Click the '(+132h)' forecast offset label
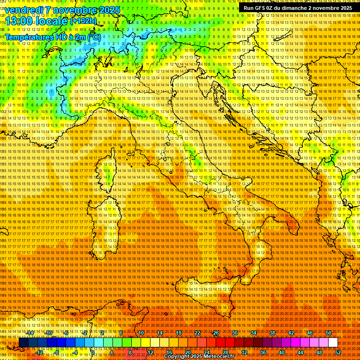pos(83,21)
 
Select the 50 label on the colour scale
pos(329,333)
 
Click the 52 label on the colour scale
pos(338,352)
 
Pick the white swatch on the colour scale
pos(333,343)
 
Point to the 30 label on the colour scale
pos(235,333)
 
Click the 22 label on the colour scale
pos(197,333)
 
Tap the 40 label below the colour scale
pos(282,352)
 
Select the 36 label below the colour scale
pos(263,352)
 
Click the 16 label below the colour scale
pos(169,352)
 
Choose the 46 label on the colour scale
pos(310,333)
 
